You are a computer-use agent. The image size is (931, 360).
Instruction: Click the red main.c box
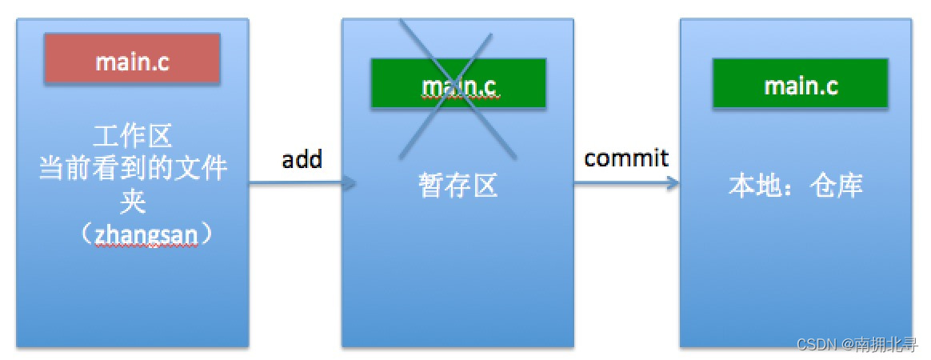click(x=132, y=58)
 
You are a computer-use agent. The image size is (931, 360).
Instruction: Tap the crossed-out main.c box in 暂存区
click(x=458, y=83)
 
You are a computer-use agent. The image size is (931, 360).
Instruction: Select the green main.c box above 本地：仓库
click(x=801, y=83)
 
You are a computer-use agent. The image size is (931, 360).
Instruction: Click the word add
click(x=302, y=159)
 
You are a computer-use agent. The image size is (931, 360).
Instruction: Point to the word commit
click(x=626, y=158)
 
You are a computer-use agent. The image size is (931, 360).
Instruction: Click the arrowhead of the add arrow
click(x=350, y=184)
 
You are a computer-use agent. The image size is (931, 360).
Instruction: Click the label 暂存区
click(x=458, y=186)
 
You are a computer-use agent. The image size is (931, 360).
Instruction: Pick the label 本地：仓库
click(x=796, y=186)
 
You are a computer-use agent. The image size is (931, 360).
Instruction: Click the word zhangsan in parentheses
click(x=133, y=236)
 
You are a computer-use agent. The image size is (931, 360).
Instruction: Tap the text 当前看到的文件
click(x=133, y=169)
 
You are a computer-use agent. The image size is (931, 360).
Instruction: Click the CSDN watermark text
click(x=814, y=343)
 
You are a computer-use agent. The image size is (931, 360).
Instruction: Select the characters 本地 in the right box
click(x=752, y=186)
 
